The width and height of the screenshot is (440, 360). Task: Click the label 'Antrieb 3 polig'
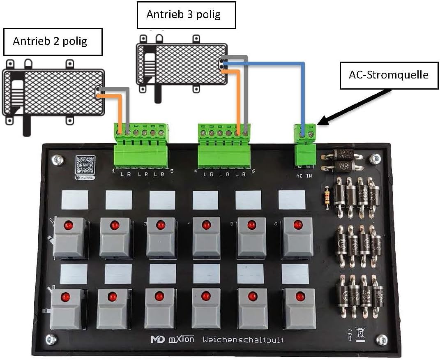click(x=184, y=15)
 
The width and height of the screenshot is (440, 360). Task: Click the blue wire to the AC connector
click(x=303, y=95)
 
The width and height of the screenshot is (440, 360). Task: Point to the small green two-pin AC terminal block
click(x=305, y=144)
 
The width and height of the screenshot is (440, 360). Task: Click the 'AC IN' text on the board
click(x=304, y=175)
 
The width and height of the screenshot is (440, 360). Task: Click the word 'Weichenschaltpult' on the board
click(x=243, y=340)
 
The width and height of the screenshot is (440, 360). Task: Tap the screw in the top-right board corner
click(x=375, y=159)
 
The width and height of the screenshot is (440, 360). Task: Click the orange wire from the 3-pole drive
click(x=238, y=99)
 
